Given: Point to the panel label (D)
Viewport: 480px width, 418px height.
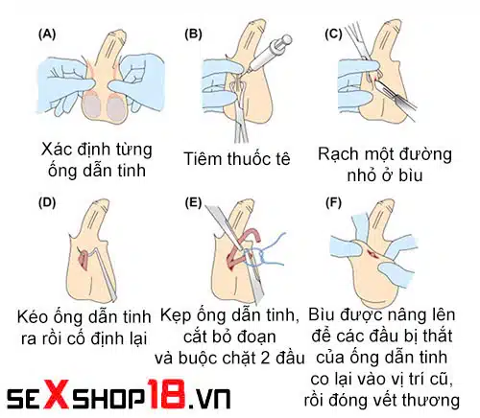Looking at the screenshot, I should (x=46, y=202).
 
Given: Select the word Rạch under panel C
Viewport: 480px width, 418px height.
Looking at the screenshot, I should (x=342, y=151).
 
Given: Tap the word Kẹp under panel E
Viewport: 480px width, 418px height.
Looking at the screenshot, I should (x=180, y=315).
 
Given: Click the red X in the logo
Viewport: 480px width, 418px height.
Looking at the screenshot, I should (x=58, y=393).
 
